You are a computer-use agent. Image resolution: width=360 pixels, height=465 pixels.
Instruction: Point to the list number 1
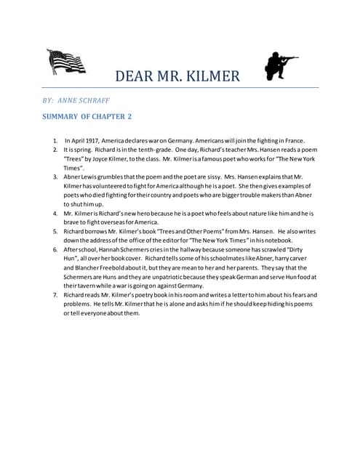click(x=55, y=140)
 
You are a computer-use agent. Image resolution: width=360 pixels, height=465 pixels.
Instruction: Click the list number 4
click(x=55, y=214)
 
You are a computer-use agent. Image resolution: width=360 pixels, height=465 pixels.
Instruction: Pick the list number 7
click(x=55, y=296)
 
